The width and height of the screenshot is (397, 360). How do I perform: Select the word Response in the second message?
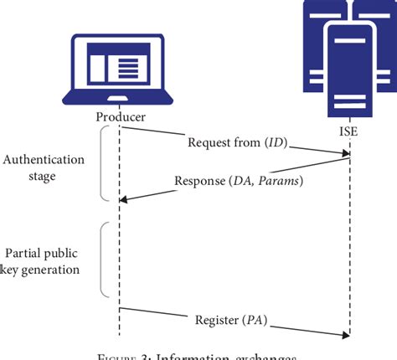coord(199,181)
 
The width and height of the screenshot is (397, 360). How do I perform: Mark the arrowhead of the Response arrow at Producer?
coord(126,199)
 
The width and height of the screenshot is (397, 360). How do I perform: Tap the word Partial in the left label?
coord(24,253)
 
